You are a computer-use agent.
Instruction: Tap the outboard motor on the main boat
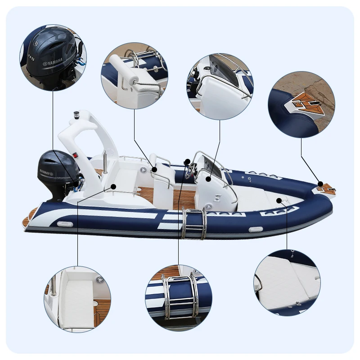[x=57, y=174]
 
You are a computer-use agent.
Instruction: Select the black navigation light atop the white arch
[x=77, y=114]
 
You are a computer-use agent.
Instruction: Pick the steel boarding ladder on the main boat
[x=194, y=223]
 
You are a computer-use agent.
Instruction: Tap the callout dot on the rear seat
[x=114, y=186]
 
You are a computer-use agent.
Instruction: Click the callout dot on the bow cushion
[x=279, y=200]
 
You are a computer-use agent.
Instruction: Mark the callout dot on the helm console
[x=208, y=179]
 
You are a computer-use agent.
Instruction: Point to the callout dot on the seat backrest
[x=154, y=170]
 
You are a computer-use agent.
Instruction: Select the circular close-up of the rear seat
[x=77, y=299]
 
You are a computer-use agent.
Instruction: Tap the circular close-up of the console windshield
[x=220, y=87]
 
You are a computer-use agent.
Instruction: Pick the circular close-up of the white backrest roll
[x=135, y=76]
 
